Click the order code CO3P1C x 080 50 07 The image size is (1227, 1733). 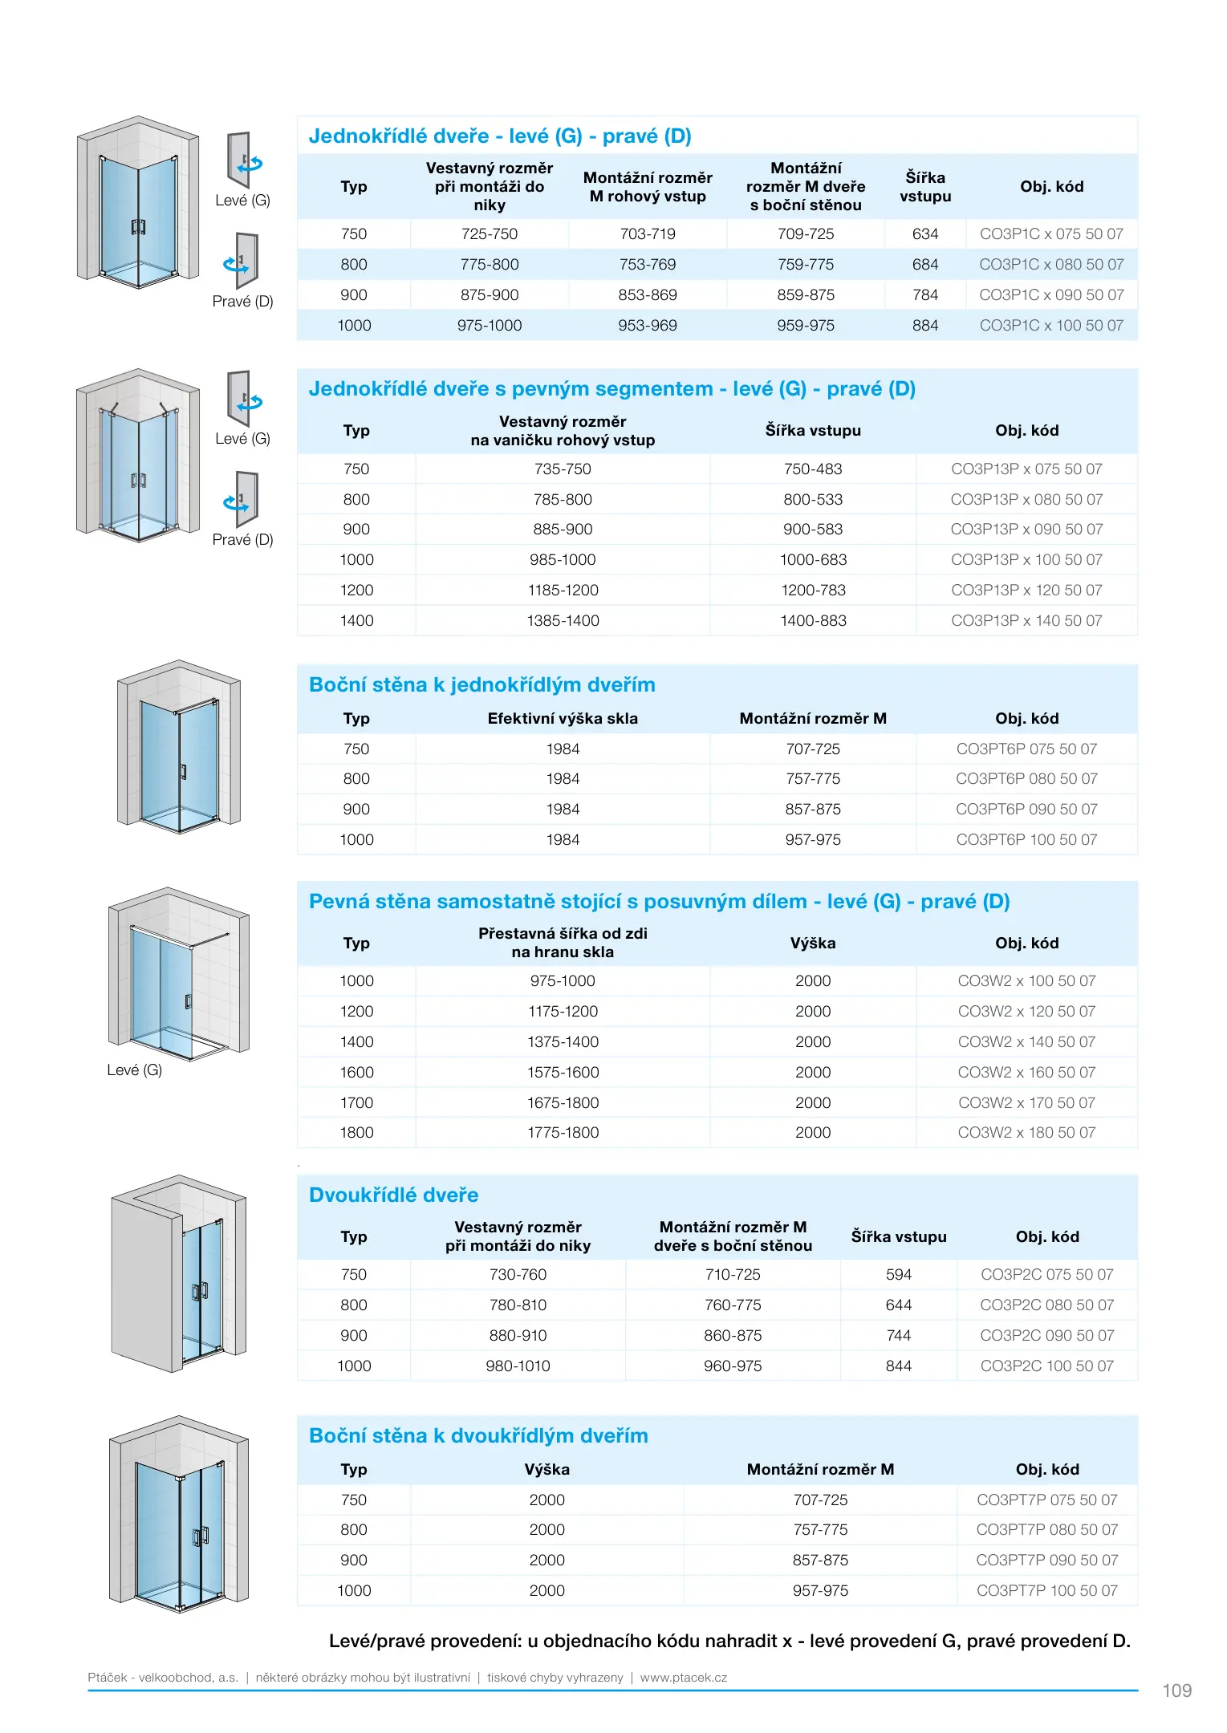1051,265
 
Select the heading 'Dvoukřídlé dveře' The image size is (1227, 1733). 393,1195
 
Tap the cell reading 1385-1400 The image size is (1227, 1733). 563,621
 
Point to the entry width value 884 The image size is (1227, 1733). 924,326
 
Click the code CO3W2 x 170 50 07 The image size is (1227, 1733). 1026,1103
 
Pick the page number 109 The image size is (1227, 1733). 1176,1691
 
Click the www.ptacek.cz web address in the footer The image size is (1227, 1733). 684,1678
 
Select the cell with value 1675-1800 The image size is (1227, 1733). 563,1103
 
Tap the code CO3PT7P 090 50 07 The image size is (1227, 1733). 1046,1561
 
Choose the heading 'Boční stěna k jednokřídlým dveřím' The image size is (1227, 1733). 481,685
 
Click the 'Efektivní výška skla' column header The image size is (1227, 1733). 563,719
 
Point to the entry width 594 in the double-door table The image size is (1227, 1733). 898,1275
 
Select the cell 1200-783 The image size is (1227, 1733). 813,591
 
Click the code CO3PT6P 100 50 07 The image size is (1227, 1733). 1026,840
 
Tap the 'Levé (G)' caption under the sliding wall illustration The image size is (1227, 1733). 135,1070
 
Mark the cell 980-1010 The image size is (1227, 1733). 518,1366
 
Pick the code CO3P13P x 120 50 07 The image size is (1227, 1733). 1026,591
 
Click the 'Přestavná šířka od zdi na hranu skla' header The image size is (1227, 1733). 563,943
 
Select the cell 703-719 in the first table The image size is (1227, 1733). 648,234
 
